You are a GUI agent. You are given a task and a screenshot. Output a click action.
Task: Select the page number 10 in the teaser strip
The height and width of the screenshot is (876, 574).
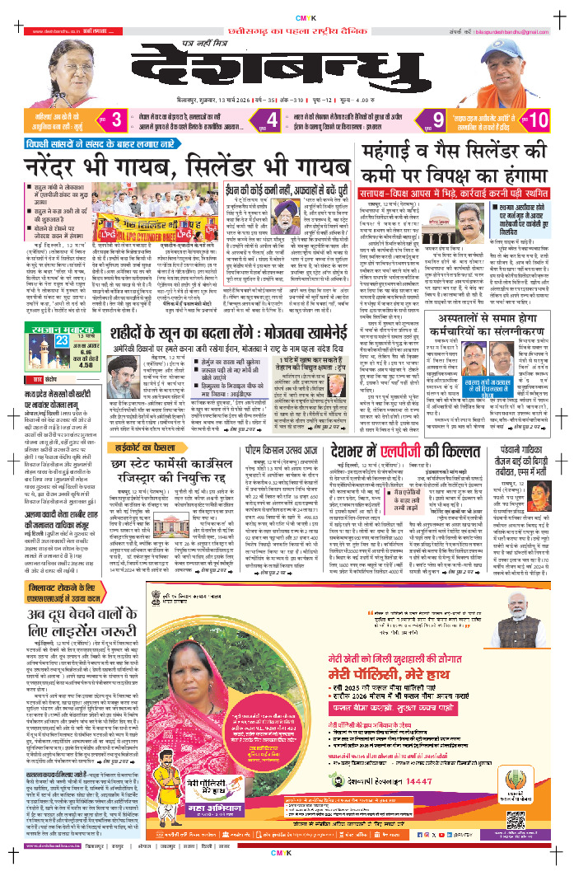[x=539, y=119]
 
